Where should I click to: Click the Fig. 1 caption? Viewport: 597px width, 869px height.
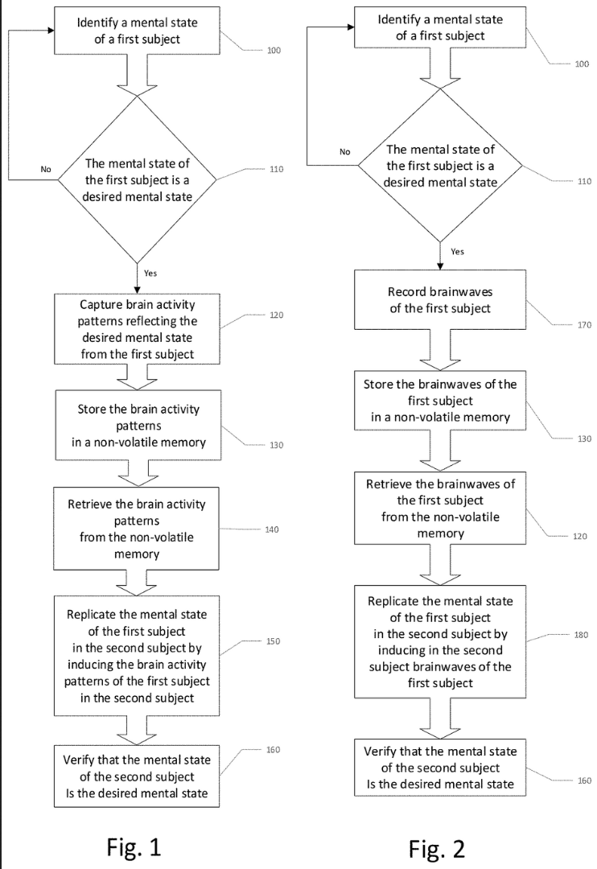pos(134,846)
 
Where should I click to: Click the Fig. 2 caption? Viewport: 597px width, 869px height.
pos(437,849)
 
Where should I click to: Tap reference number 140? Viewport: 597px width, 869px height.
pos(272,529)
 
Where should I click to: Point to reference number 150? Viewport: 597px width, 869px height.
pos(273,641)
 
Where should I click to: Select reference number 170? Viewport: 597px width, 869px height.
pos(584,325)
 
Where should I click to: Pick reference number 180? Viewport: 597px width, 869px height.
pos(581,635)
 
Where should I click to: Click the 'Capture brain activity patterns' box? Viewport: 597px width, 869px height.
pos(137,328)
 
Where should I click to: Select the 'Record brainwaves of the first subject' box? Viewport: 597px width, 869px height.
pos(440,300)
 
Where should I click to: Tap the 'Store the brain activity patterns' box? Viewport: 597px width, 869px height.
pos(138,425)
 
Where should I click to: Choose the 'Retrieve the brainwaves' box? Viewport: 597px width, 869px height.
pos(440,509)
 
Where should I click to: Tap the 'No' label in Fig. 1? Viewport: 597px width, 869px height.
pos(46,169)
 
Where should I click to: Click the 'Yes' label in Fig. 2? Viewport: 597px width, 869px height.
pos(457,252)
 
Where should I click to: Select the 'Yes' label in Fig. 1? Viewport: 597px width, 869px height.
pos(150,274)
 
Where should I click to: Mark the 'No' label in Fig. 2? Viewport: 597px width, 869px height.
pos(345,151)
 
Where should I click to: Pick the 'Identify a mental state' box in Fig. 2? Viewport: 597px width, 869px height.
pos(440,27)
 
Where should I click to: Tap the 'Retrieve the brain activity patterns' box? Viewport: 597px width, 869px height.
pos(136,529)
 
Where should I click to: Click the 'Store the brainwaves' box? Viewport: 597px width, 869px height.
pos(440,401)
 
